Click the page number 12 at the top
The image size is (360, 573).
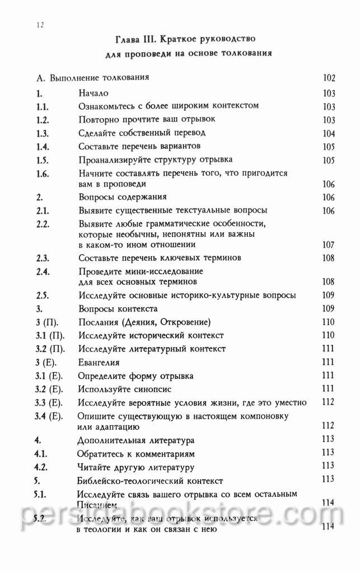pos(39,25)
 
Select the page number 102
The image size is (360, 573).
pos(329,78)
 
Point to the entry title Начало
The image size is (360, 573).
pos(93,93)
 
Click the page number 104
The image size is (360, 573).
pos(329,133)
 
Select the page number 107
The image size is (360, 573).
pos(329,245)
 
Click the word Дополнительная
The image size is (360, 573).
pos(111,440)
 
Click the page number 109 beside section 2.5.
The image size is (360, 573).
pos(329,295)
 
